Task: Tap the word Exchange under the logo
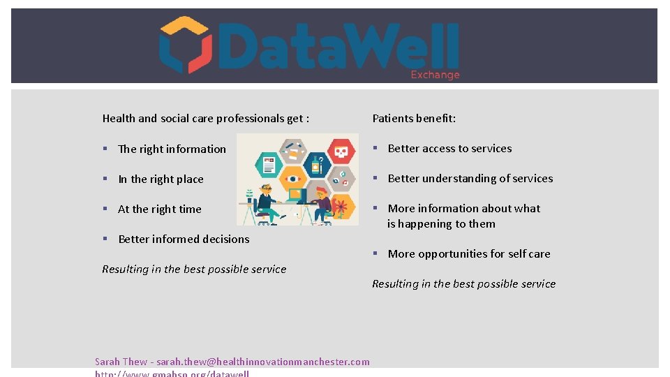tap(435, 75)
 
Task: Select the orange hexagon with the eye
tap(292, 179)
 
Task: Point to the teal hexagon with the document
tap(269, 165)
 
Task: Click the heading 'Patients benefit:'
tap(414, 118)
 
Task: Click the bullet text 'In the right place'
tap(161, 179)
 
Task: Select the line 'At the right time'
tap(159, 209)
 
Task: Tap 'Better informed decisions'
tap(184, 239)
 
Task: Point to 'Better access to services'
tap(449, 149)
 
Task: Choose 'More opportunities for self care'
tap(469, 254)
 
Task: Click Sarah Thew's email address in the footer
tap(263, 362)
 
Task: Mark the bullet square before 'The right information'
tap(104, 149)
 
